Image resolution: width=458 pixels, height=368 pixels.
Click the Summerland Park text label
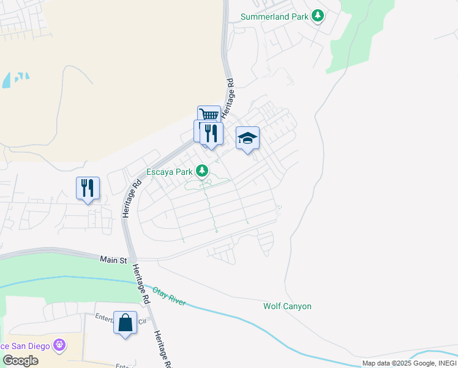[x=274, y=16]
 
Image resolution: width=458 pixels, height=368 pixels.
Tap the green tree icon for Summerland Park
[x=317, y=15]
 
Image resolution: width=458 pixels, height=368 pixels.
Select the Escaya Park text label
[x=169, y=172]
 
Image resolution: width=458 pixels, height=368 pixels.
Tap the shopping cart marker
[x=209, y=115]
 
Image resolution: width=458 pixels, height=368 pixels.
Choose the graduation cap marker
[x=247, y=138]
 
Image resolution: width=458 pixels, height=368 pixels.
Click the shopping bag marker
[x=125, y=323]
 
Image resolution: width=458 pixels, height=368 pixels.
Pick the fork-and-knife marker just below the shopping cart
[x=211, y=133]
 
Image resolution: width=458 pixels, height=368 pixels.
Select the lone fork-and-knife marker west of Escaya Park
[x=88, y=187]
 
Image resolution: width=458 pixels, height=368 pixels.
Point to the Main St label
[x=113, y=260]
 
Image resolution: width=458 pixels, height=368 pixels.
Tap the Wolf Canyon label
[x=287, y=306]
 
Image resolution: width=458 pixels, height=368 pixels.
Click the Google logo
[x=20, y=361]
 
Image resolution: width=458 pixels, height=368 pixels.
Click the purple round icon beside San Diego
[x=58, y=346]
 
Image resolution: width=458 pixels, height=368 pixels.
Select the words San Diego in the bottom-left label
[x=31, y=346]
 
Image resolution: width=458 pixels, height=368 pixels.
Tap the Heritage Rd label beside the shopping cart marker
[x=228, y=99]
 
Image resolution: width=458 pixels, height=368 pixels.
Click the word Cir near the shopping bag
[x=143, y=321]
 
